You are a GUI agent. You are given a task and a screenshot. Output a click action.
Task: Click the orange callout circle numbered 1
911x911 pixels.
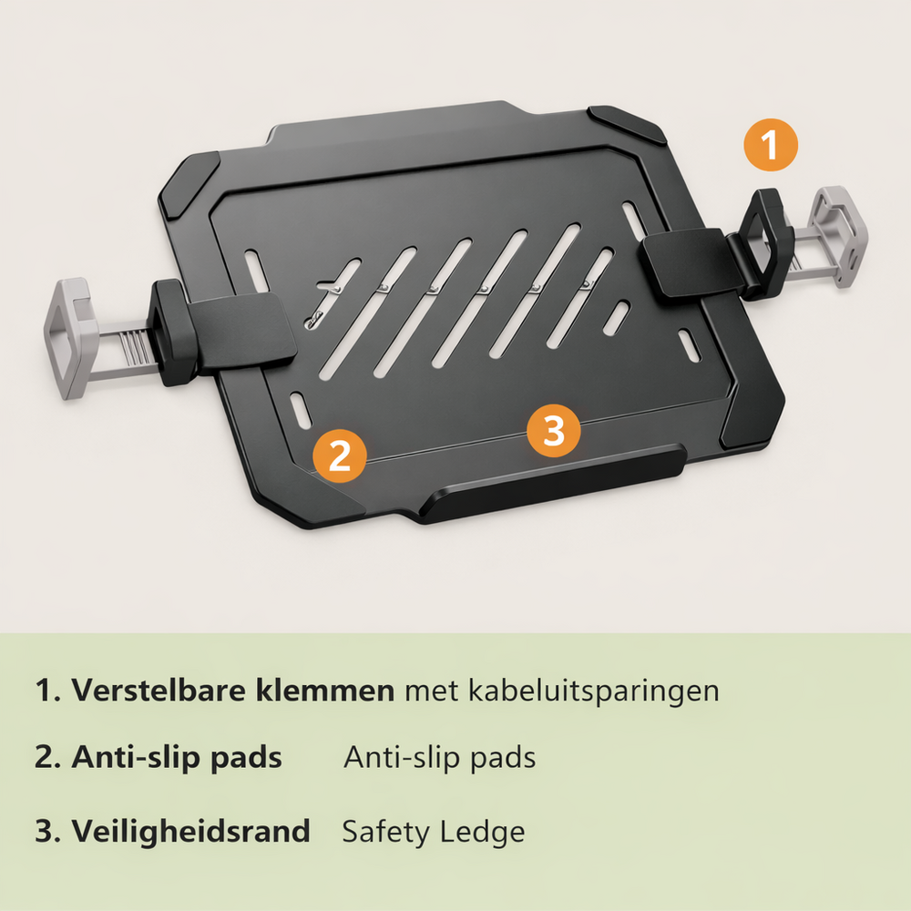pyautogui.click(x=771, y=145)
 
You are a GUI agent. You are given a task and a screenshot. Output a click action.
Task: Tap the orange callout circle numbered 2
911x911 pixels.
pyautogui.click(x=340, y=456)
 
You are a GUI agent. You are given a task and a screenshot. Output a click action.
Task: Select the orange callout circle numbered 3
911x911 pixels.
pyautogui.click(x=554, y=431)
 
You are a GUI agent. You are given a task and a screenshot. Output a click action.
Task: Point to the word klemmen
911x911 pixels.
pyautogui.click(x=325, y=691)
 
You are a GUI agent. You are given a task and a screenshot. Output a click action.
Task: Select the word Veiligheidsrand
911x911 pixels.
pyautogui.click(x=190, y=831)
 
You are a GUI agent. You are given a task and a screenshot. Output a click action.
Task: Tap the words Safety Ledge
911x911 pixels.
pyautogui.click(x=434, y=832)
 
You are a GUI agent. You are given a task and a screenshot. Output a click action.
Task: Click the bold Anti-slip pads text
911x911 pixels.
pyautogui.click(x=177, y=758)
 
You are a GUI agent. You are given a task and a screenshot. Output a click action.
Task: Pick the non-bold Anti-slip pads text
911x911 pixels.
pyautogui.click(x=440, y=758)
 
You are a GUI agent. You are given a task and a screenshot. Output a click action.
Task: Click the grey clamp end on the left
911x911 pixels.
pyautogui.click(x=70, y=339)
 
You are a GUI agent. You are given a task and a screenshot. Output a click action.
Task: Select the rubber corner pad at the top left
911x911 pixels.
pyautogui.click(x=189, y=183)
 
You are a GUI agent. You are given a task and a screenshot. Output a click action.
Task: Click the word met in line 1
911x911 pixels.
pyautogui.click(x=431, y=691)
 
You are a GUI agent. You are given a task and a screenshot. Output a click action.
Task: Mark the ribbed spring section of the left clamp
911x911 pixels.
pyautogui.click(x=134, y=348)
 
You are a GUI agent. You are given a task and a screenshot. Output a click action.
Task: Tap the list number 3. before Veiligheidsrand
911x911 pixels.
pyautogui.click(x=48, y=832)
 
